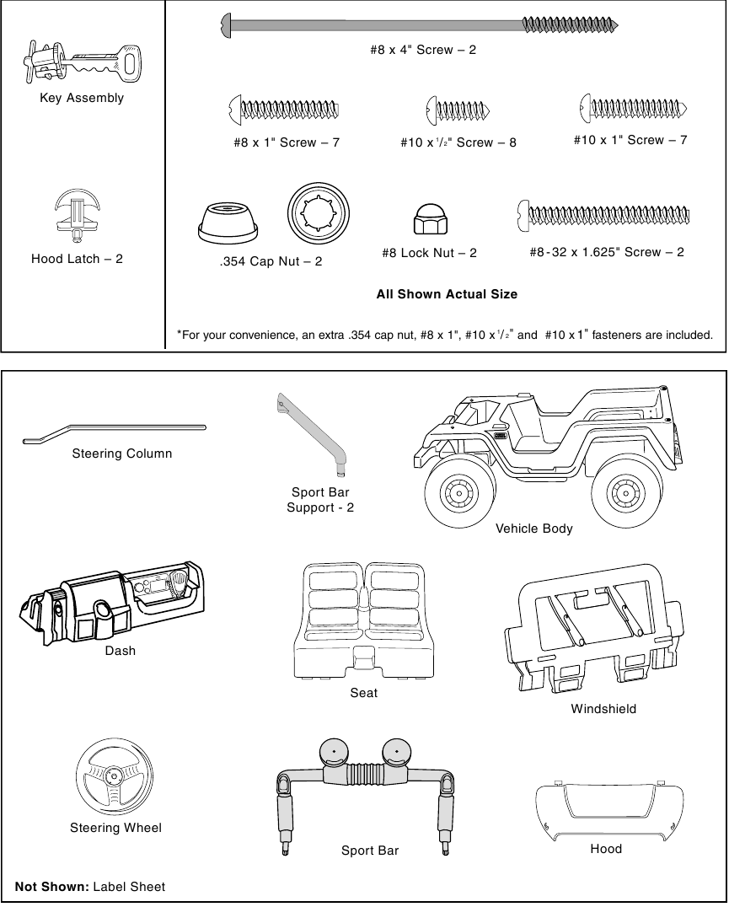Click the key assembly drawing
click(x=80, y=61)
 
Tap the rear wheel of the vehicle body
click(x=624, y=492)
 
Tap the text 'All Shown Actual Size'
click(x=447, y=294)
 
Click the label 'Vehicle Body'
click(x=533, y=529)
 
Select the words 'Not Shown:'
click(x=52, y=887)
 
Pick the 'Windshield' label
click(x=603, y=709)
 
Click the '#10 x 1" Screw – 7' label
click(x=630, y=140)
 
